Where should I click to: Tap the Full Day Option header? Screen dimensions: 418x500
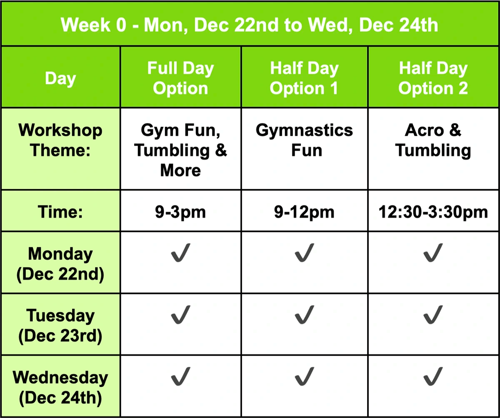pyautogui.click(x=180, y=78)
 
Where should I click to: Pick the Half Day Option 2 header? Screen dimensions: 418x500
pyautogui.click(x=433, y=78)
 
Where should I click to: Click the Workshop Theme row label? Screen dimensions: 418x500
pyautogui.click(x=60, y=140)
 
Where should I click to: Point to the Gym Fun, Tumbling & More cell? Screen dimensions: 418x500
pyautogui.click(x=180, y=150)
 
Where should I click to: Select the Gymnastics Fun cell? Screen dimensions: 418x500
pyautogui.click(x=304, y=140)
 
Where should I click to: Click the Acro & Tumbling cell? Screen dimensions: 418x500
pyautogui.click(x=433, y=140)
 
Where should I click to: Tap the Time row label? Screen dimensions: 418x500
pyautogui.click(x=60, y=211)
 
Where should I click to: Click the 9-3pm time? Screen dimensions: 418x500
pyautogui.click(x=180, y=212)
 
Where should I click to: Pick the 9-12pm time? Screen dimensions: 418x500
pyautogui.click(x=304, y=212)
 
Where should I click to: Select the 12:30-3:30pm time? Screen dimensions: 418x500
pyautogui.click(x=433, y=212)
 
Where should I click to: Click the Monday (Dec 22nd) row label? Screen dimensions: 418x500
pyautogui.click(x=60, y=264)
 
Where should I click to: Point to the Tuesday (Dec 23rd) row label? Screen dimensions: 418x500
pyautogui.click(x=60, y=326)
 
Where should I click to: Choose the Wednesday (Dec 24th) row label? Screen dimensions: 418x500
pyautogui.click(x=60, y=388)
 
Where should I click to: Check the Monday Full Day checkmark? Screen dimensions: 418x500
pyautogui.click(x=180, y=254)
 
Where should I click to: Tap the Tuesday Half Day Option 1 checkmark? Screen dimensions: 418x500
pyautogui.click(x=304, y=315)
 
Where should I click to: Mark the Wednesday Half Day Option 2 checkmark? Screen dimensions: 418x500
pyautogui.click(x=433, y=376)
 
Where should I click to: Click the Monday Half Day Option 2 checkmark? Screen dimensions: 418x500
pyautogui.click(x=433, y=254)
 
